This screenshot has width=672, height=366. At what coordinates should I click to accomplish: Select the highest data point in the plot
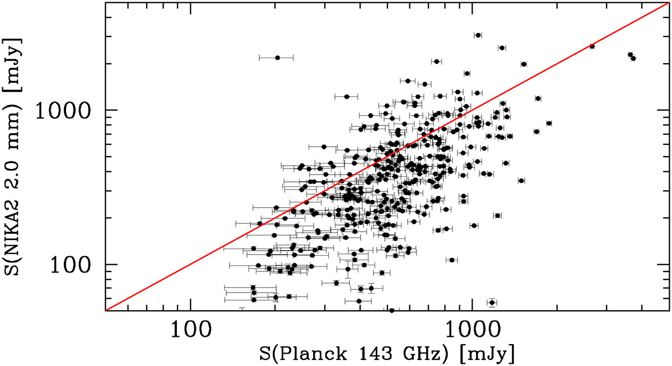coord(478,35)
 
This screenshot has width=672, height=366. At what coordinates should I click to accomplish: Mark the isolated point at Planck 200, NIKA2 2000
coord(277,58)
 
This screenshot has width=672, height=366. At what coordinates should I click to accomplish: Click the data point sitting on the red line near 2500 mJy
coord(592,46)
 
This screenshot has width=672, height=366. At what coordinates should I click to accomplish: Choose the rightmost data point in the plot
coord(633,58)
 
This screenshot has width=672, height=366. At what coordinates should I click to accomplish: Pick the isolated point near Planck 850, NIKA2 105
coord(451,260)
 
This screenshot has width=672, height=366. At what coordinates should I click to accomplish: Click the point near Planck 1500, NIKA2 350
coord(521,181)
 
